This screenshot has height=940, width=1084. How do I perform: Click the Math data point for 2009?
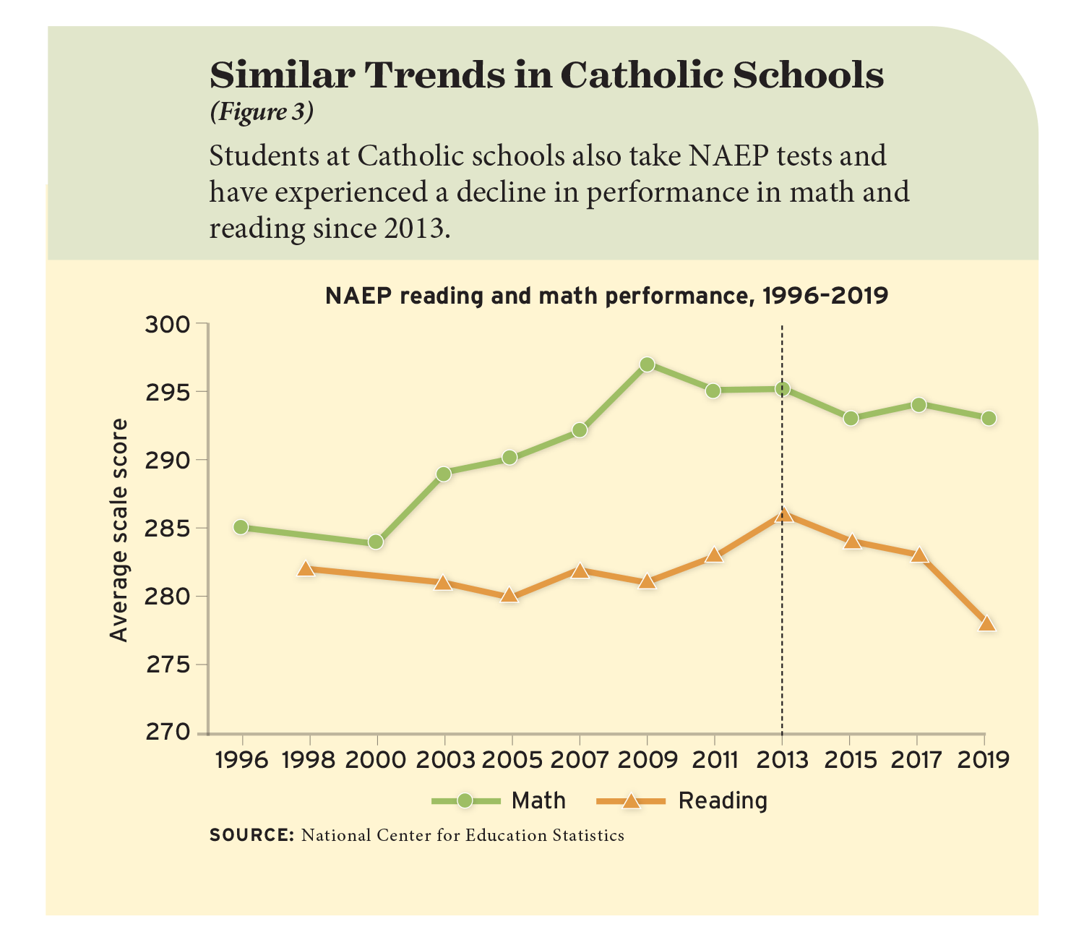point(647,364)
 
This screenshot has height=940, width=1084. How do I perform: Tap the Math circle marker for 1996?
point(241,527)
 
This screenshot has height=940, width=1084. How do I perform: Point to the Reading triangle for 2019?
point(987,624)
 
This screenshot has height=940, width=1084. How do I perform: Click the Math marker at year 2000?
point(376,542)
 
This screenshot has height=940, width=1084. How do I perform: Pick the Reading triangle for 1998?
point(306,569)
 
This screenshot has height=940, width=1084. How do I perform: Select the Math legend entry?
point(499,801)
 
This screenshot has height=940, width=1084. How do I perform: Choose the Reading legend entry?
point(682,801)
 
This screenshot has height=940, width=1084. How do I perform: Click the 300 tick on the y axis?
point(168,325)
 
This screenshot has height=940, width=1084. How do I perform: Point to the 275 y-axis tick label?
point(168,665)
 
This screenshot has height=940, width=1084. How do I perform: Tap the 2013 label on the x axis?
point(783,760)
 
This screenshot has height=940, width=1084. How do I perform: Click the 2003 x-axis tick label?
point(443,760)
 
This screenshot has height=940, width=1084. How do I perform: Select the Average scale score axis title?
point(119,530)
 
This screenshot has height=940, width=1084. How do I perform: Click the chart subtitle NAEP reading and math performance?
point(606,296)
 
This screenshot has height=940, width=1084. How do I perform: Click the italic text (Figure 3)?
point(262,112)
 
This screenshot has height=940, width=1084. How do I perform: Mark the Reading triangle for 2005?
point(509,596)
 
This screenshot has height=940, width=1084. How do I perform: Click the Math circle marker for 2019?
point(989,419)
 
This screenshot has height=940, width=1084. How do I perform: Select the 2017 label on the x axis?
point(916,760)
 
